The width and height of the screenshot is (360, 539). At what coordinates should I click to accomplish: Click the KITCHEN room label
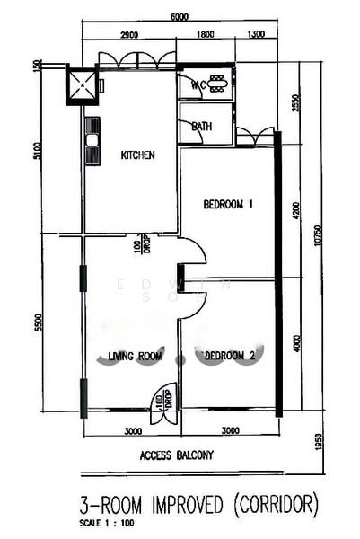click(137, 155)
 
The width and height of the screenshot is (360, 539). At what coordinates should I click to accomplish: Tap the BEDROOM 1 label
click(228, 205)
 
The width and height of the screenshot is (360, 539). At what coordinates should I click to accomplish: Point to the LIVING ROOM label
click(135, 356)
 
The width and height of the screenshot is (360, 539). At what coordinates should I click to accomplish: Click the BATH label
click(202, 127)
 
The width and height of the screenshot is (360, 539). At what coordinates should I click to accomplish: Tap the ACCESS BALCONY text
click(177, 455)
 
